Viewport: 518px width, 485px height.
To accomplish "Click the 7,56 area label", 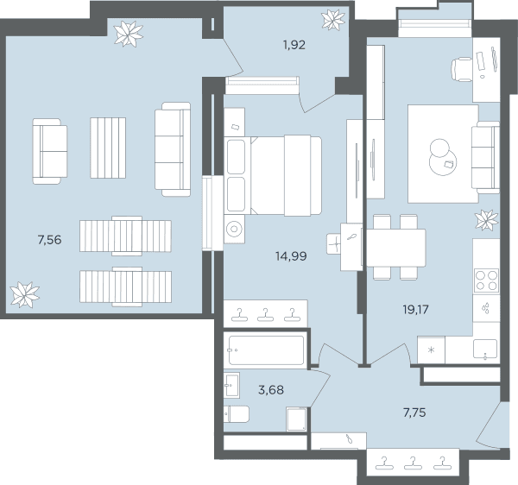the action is coord(49,240).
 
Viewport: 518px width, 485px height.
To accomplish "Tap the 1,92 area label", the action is coord(294,45).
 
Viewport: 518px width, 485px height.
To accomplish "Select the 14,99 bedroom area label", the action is coord(291,255).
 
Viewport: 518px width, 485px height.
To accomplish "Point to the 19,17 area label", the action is coord(415,309).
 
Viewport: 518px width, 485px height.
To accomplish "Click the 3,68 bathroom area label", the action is coord(271,390).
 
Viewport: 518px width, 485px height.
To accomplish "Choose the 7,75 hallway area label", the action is coord(414,413).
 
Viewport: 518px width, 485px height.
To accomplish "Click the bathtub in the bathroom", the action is coord(266,350).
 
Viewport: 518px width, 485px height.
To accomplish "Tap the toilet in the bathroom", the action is coord(237,414).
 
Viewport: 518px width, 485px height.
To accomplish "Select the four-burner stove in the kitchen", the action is coord(486,280).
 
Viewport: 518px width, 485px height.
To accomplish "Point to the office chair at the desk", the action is coord(462,69).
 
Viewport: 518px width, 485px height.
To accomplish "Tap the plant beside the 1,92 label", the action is coord(333,20).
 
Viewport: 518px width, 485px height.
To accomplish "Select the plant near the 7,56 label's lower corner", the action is coord(25,294).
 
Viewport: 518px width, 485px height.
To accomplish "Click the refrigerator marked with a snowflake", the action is coord(431,350).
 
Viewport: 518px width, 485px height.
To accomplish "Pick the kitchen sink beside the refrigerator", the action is coord(485,349).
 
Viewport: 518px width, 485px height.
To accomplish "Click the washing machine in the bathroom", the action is coord(297,419).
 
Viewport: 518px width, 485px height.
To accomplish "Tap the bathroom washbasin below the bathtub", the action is coord(231,385).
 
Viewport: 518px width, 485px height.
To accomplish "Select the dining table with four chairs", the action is coord(396,248).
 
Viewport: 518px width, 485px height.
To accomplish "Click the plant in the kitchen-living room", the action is coord(486,220).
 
